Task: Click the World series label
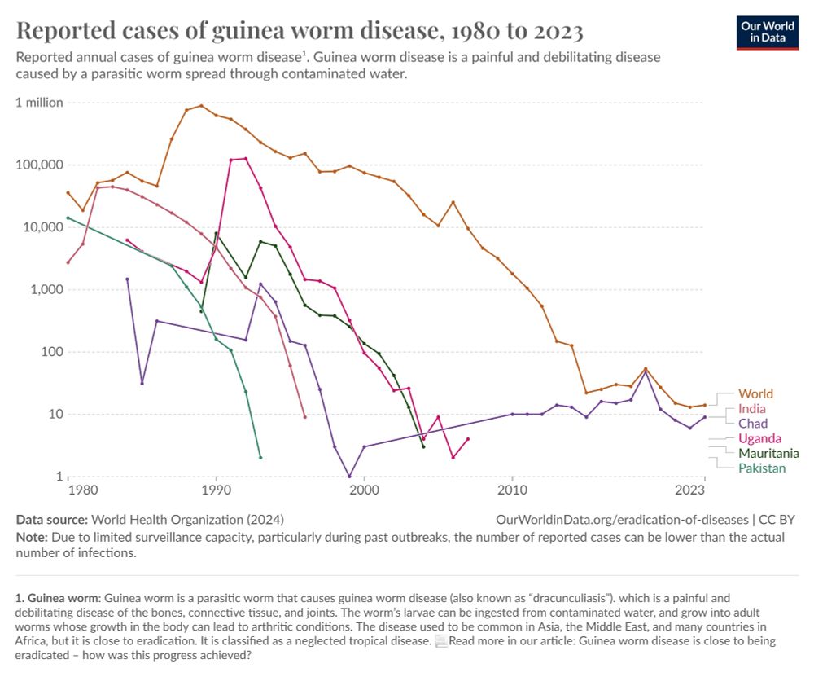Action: tap(755, 393)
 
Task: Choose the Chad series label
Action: tap(753, 424)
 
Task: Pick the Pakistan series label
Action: tap(762, 468)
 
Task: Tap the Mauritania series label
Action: tap(768, 453)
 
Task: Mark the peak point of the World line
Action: tap(201, 106)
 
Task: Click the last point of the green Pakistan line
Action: tap(260, 457)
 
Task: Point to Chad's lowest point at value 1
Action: tap(349, 477)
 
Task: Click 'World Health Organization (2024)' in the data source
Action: tap(188, 519)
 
